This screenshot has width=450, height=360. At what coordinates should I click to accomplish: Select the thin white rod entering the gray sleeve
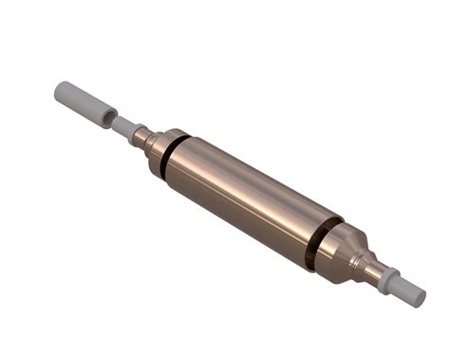click(x=118, y=124)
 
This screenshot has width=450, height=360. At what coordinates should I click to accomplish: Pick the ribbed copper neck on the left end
click(x=141, y=137)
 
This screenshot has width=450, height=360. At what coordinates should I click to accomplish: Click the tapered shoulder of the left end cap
click(x=155, y=143)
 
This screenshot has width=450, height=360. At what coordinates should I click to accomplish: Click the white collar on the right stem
click(x=385, y=278)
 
